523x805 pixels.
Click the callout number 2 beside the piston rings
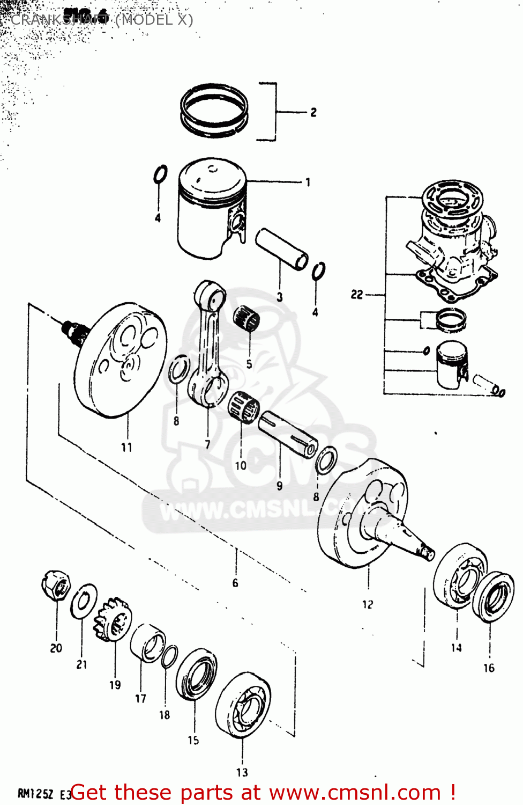click(313, 112)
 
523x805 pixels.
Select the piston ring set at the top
click(214, 109)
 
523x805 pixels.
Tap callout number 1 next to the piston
click(308, 182)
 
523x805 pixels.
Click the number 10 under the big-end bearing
click(241, 465)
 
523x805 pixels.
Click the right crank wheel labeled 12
click(364, 515)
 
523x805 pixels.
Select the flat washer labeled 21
click(84, 601)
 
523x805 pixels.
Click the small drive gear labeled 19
click(113, 620)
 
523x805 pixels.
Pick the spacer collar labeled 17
click(147, 642)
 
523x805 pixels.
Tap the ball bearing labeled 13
click(243, 704)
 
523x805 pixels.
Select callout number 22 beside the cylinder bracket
click(357, 295)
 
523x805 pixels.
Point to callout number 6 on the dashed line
click(235, 583)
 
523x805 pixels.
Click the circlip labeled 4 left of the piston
click(160, 174)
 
